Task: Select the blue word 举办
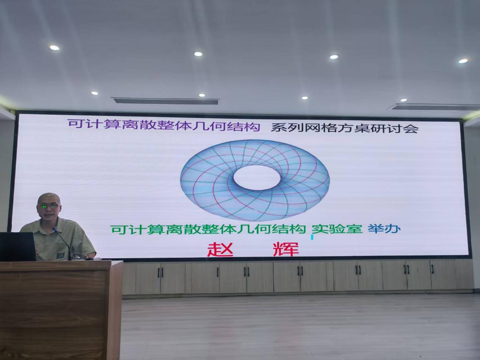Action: point(384,229)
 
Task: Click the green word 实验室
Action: point(337,229)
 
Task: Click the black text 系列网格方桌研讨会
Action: point(344,128)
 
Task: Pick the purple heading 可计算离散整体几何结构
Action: point(164,125)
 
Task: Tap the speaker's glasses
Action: point(49,206)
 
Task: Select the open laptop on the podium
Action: point(17,246)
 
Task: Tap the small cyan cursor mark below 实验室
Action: point(312,237)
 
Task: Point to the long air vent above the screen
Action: point(166,101)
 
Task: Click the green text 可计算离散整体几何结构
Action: point(208,229)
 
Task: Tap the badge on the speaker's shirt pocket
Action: point(61,255)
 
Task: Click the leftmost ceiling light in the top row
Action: point(54,47)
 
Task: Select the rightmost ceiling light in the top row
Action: point(463,61)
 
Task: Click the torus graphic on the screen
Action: point(255,180)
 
